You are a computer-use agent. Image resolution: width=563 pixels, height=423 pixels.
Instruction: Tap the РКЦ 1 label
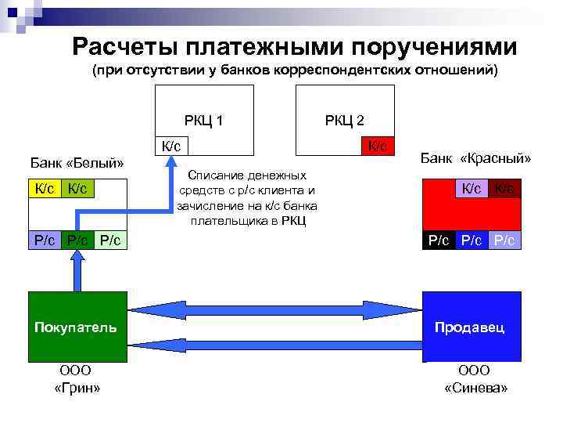(x=204, y=121)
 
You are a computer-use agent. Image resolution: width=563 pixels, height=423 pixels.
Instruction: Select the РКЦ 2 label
(x=344, y=121)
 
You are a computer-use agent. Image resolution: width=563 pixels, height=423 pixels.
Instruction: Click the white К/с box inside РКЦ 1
(x=171, y=146)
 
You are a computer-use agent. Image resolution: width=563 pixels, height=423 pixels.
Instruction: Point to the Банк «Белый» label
(x=77, y=164)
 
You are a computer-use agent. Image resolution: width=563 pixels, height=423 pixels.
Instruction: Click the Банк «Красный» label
(x=475, y=159)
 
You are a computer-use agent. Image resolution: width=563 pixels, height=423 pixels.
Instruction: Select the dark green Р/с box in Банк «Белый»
(x=77, y=240)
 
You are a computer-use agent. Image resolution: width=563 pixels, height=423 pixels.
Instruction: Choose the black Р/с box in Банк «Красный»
(x=437, y=240)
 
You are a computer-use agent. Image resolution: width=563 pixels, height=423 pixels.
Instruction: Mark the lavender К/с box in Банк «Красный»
(x=472, y=188)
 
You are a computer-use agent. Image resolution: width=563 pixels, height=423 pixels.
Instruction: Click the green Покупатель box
(x=75, y=327)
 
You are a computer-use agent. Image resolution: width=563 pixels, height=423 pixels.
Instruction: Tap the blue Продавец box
(x=471, y=327)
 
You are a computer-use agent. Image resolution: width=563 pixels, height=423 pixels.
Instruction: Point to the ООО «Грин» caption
(x=75, y=379)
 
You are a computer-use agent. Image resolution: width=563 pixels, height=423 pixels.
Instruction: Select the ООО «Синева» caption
(x=475, y=379)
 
